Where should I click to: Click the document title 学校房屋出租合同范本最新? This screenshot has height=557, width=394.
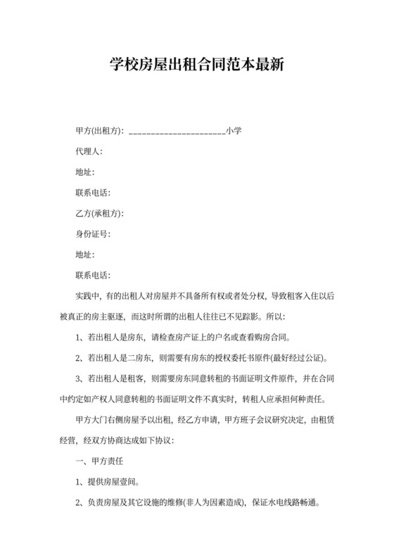tap(197, 66)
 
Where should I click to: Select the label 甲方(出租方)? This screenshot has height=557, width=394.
tap(99, 131)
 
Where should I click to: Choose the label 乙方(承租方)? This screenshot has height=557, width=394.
tap(99, 213)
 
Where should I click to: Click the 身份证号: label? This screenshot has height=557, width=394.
tap(93, 233)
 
